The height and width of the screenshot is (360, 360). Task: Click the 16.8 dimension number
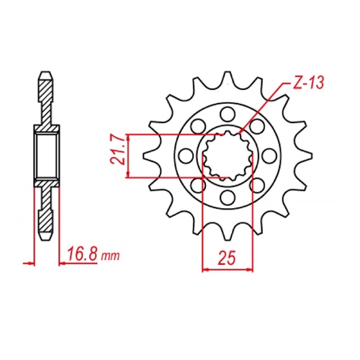coord(81,253)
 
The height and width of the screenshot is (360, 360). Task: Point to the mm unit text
coord(109,256)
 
